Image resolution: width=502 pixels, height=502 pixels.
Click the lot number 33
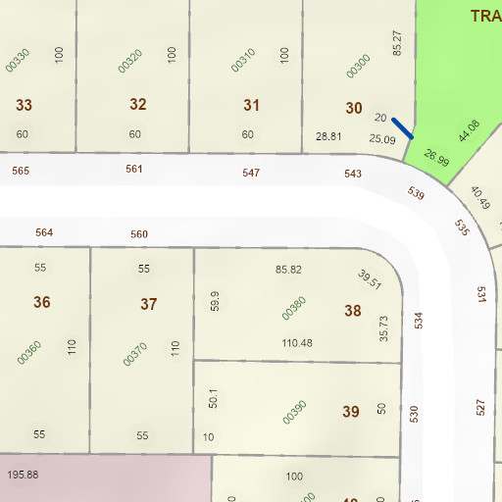pyautogui.click(x=25, y=105)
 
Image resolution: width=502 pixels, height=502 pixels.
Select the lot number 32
pyautogui.click(x=138, y=104)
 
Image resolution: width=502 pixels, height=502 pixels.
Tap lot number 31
pyautogui.click(x=252, y=105)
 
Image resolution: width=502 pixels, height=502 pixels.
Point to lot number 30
pyautogui.click(x=354, y=108)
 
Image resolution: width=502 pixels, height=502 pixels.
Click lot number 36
pyautogui.click(x=41, y=302)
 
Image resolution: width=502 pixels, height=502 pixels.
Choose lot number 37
pyautogui.click(x=148, y=304)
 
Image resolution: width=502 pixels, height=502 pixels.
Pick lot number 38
pyautogui.click(x=353, y=311)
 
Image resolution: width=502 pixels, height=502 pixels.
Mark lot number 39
pyautogui.click(x=351, y=412)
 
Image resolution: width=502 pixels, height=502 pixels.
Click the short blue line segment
pyautogui.click(x=402, y=128)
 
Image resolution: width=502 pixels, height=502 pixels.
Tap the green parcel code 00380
pyautogui.click(x=294, y=308)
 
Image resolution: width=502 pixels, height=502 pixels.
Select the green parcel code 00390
pyautogui.click(x=294, y=412)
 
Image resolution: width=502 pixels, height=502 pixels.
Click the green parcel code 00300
pyautogui.click(x=359, y=66)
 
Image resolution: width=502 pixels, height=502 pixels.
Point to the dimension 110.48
pyautogui.click(x=297, y=343)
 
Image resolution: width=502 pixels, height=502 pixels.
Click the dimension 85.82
pyautogui.click(x=288, y=269)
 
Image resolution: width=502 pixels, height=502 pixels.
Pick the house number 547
pyautogui.click(x=252, y=173)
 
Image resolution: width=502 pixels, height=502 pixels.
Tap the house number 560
pyautogui.click(x=139, y=234)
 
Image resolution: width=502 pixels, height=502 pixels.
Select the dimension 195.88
pyautogui.click(x=23, y=475)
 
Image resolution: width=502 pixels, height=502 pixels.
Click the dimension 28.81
pyautogui.click(x=328, y=136)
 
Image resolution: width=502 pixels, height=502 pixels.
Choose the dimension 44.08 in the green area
pyautogui.click(x=469, y=129)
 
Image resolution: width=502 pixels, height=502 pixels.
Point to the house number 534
pyautogui.click(x=418, y=320)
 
